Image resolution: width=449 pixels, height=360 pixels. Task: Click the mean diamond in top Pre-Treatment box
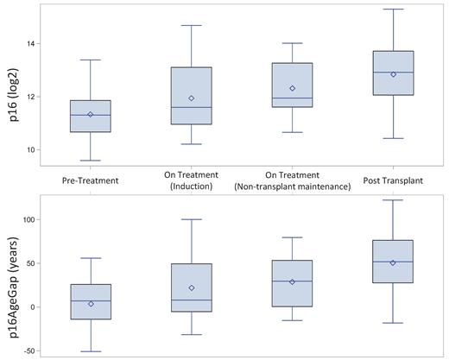(90, 114)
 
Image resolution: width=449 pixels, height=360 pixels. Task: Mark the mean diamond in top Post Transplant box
(393, 74)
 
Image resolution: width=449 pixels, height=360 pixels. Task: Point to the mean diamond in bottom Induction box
(192, 287)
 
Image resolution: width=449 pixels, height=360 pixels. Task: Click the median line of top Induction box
(192, 107)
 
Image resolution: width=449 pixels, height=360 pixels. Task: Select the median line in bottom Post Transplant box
(393, 262)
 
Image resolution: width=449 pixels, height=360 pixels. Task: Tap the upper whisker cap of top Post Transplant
(393, 9)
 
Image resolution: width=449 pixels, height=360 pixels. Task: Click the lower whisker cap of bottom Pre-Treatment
(90, 351)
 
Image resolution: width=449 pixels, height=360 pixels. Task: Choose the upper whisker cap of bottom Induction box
(192, 219)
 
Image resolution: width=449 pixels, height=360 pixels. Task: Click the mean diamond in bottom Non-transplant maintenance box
(293, 281)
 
